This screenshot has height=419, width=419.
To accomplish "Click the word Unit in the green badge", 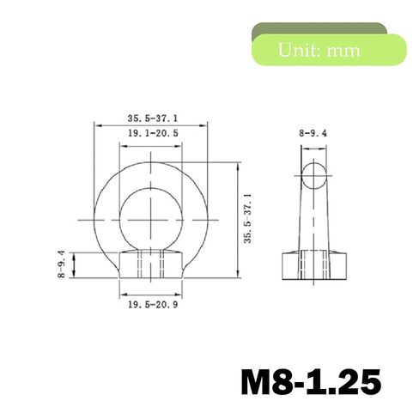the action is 296,50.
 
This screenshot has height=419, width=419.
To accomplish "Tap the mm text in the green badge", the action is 343,52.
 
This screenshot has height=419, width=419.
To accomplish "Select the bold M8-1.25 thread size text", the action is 311,381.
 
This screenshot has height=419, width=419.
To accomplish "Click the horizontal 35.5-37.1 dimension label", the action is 153,118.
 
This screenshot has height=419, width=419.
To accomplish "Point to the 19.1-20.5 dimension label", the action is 153,133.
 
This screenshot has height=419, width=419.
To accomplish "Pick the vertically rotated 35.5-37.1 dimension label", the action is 247,218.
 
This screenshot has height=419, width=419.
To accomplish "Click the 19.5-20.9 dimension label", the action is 153,305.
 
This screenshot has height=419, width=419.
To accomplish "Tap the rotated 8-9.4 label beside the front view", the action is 62,264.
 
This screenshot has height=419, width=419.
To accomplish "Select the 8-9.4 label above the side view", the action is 313,133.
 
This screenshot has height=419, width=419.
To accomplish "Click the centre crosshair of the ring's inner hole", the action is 151,220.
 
